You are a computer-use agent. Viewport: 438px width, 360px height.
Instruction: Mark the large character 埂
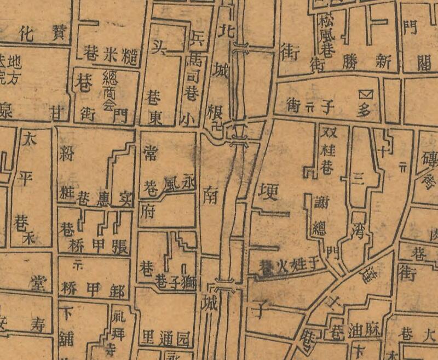pos(269,192)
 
